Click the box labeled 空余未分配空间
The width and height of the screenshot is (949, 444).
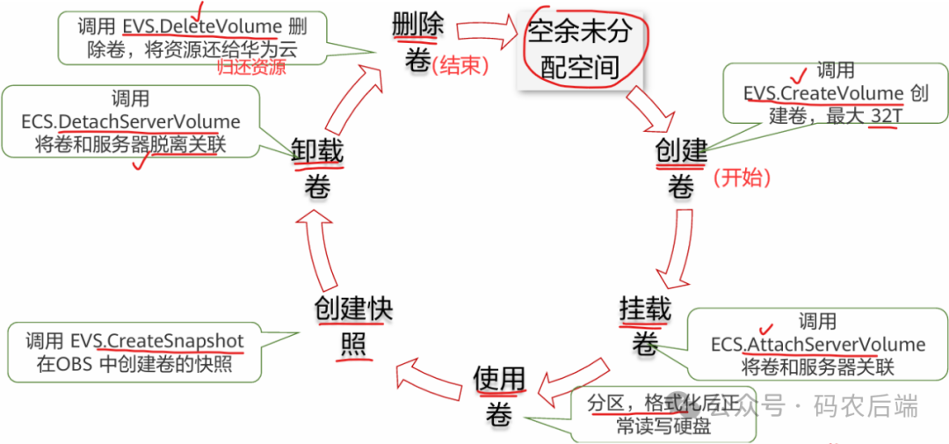point(579,49)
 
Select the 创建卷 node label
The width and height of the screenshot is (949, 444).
point(681,168)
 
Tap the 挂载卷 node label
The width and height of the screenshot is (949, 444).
point(645,325)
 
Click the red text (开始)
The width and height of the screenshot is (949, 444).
point(742,178)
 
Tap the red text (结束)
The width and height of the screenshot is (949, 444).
point(461,65)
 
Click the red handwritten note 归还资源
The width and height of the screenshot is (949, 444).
point(251,69)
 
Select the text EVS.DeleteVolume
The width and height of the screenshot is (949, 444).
point(201,26)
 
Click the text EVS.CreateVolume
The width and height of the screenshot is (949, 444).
point(823,93)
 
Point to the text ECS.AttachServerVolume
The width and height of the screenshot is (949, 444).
point(818,344)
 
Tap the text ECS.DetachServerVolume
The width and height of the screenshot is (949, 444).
point(131,122)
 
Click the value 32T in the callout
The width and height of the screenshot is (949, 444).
point(882,115)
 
